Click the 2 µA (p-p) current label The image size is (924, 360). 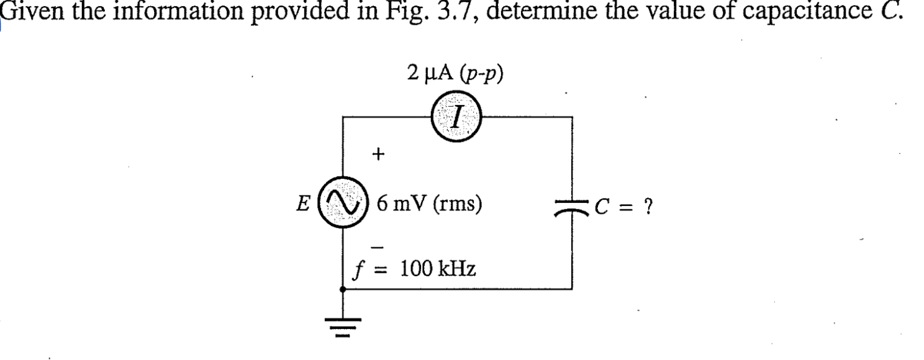coord(456,74)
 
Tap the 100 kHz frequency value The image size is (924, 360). coord(438,269)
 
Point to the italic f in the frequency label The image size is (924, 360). coord(358,271)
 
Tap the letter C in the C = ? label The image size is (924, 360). coord(602,205)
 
